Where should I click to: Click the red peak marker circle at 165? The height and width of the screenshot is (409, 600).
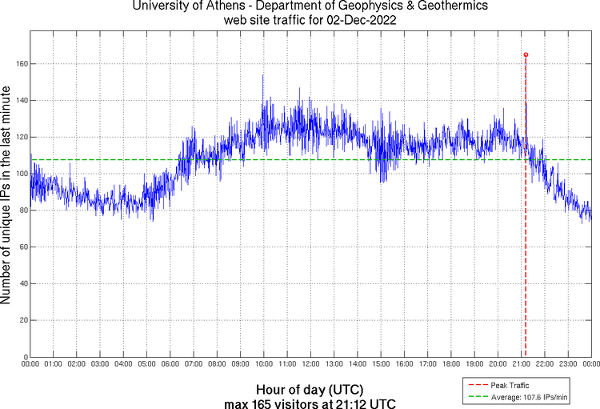pyautogui.click(x=526, y=54)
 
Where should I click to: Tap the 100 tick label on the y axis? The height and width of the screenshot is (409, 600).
pyautogui.click(x=20, y=174)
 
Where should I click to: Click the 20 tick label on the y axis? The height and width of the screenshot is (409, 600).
pyautogui.click(x=22, y=320)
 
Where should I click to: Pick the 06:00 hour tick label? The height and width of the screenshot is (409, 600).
pyautogui.click(x=170, y=365)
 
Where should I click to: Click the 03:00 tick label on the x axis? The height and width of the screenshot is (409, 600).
pyautogui.click(x=100, y=365)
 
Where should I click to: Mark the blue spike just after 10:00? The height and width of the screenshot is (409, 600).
pyautogui.click(x=263, y=76)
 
